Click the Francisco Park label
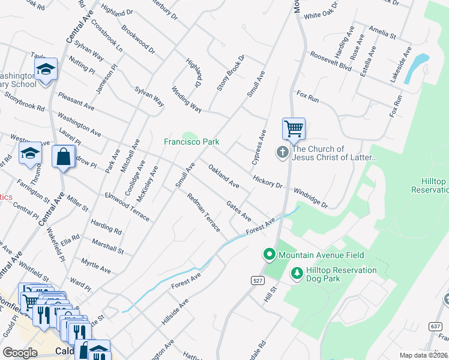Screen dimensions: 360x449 191,142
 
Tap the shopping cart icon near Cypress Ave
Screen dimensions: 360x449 294,128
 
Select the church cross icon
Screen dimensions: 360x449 283,153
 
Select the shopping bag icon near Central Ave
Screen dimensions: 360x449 63,157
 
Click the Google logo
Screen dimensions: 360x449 20,353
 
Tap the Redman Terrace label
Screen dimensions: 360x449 203,213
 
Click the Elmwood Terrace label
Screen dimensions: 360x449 127,207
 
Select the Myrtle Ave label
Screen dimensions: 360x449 96,266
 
